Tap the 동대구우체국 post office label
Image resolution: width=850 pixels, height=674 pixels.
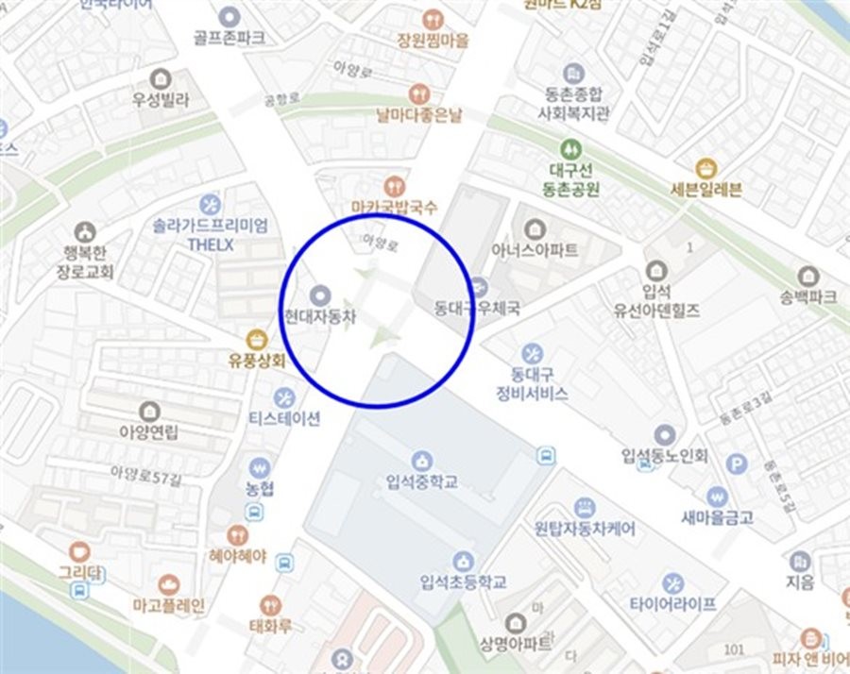466,307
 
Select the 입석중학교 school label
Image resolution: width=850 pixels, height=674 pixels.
422,482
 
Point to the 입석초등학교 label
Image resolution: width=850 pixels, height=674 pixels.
463,581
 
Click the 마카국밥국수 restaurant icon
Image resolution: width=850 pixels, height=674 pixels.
395,187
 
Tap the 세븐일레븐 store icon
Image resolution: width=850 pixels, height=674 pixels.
705,169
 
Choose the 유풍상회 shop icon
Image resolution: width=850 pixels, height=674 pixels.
255,339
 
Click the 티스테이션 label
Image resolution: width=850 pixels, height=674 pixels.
284,418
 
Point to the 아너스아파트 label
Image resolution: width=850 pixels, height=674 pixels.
535,251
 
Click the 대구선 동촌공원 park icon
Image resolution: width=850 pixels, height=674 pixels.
570,149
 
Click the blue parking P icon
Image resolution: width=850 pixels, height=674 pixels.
737,463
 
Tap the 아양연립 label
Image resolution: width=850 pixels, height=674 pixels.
149,433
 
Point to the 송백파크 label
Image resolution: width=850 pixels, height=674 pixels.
808,296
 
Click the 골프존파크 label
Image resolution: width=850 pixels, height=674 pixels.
229,38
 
